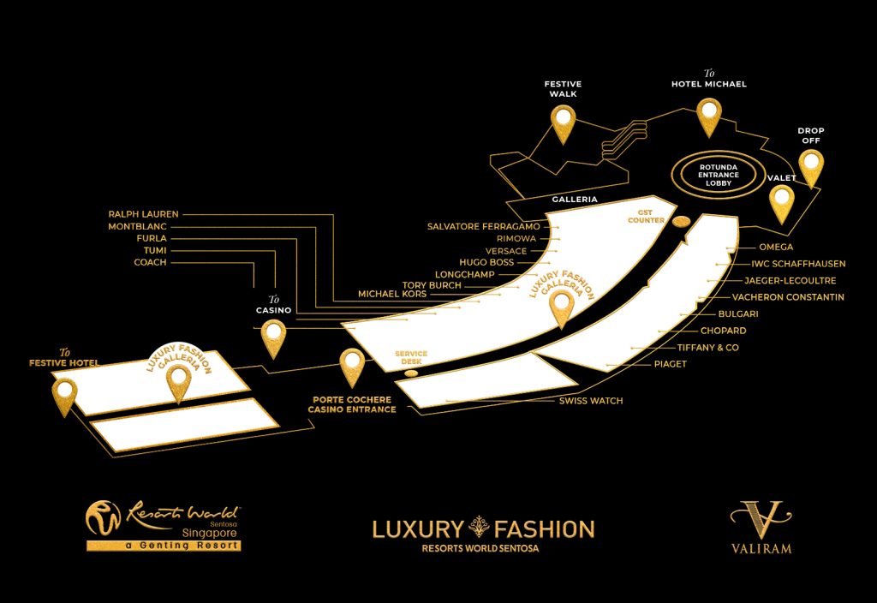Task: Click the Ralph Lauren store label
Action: (x=143, y=214)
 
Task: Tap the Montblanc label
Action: (x=137, y=226)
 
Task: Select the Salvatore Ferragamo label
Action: (x=483, y=226)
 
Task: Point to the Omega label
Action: (x=776, y=248)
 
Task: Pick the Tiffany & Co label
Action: (x=707, y=348)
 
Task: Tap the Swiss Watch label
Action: (x=591, y=401)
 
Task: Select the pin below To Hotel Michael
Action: (x=709, y=115)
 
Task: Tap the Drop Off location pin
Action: (x=810, y=165)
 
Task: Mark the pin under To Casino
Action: (x=273, y=336)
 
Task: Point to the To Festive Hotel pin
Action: (x=64, y=395)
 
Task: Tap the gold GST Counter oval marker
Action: (x=682, y=222)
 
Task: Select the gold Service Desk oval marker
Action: (x=411, y=373)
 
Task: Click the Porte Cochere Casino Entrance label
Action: (x=352, y=404)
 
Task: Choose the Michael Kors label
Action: (x=391, y=295)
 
